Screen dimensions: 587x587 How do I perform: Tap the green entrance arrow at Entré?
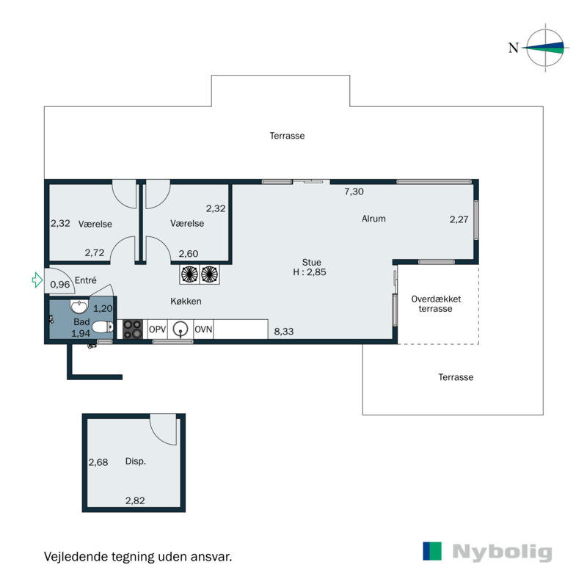pyautogui.click(x=37, y=280)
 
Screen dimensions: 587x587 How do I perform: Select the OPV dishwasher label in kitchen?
pyautogui.click(x=158, y=329)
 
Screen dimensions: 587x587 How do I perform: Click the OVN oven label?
pyautogui.click(x=203, y=329)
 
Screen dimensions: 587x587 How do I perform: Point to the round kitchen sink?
pyautogui.click(x=181, y=329)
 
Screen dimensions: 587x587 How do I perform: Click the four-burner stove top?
pyautogui.click(x=132, y=329)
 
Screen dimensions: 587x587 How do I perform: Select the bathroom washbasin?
pyautogui.click(x=79, y=306)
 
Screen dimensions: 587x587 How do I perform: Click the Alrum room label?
pyautogui.click(x=373, y=219)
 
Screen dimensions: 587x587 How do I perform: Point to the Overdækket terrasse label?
pyautogui.click(x=436, y=304)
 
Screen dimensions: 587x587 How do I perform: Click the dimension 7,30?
pyautogui.click(x=354, y=192)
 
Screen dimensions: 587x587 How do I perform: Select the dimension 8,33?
pyautogui.click(x=285, y=332)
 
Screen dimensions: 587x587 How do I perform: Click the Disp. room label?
pyautogui.click(x=135, y=462)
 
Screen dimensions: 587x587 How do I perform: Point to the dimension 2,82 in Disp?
pyautogui.click(x=135, y=501)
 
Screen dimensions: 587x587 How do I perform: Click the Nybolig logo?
pyautogui.click(x=487, y=552)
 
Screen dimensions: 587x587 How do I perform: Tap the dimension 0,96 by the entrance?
pyautogui.click(x=60, y=284)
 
